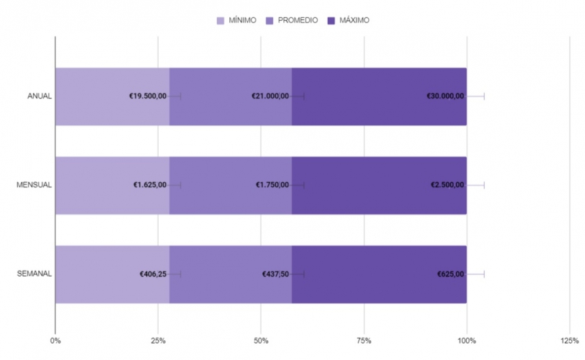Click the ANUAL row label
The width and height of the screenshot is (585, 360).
39,96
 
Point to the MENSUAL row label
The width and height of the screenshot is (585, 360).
34,185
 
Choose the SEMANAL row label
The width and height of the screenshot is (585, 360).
34,274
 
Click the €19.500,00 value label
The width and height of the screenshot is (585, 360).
148,96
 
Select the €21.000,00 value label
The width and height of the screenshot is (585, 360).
270,96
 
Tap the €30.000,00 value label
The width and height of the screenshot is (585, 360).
445,96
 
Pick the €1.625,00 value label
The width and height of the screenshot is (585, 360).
150,185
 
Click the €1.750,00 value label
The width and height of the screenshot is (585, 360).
272,185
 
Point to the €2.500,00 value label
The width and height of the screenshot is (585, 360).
447,185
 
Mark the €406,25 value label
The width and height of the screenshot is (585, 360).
153,274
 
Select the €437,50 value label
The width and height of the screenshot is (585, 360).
276,274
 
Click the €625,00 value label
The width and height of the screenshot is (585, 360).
451,274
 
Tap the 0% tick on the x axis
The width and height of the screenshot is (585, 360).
55,341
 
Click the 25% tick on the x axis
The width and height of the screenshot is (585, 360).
158,341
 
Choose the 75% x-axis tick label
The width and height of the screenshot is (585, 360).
364,341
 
